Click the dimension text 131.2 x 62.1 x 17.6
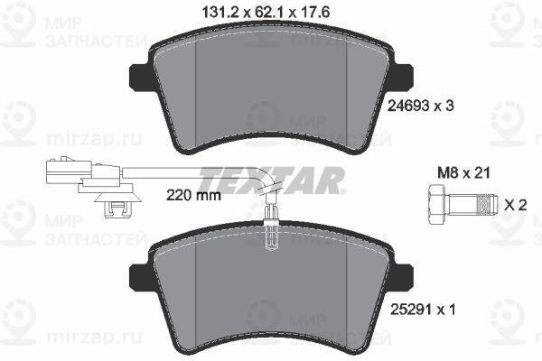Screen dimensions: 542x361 pyautogui.click(x=266, y=13)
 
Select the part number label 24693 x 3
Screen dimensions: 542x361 pyautogui.click(x=420, y=106)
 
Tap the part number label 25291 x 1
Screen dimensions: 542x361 pyautogui.click(x=423, y=310)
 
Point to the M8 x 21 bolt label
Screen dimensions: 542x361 pyautogui.click(x=464, y=172)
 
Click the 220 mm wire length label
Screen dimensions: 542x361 pyautogui.click(x=193, y=196)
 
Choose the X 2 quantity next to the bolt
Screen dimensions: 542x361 pyautogui.click(x=516, y=206)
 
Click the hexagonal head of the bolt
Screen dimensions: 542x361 pyautogui.click(x=437, y=205)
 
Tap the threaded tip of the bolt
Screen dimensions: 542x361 pyautogui.click(x=487, y=205)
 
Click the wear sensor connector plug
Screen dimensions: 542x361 pyautogui.click(x=66, y=171)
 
